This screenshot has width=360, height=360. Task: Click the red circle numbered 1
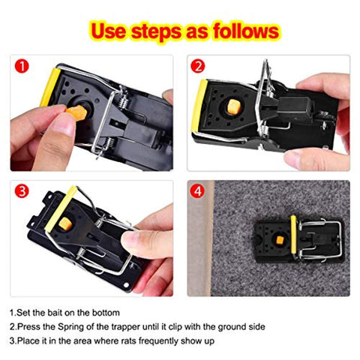[22, 66]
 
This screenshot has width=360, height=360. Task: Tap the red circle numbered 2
[198, 66]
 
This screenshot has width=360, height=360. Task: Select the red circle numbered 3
[22, 191]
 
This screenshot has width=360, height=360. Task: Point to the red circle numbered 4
[197, 191]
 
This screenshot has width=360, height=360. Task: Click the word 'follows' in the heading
[246, 31]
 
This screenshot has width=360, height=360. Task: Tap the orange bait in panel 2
[234, 107]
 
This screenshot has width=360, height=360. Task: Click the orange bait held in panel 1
[77, 113]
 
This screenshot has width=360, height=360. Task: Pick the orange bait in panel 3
[65, 224]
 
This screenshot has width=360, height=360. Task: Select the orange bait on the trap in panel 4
[280, 241]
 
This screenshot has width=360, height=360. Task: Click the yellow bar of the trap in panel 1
[50, 87]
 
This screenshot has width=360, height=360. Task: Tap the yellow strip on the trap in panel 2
[199, 105]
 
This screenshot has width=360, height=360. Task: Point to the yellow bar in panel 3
[61, 208]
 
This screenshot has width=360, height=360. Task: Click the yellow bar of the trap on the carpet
[293, 234]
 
